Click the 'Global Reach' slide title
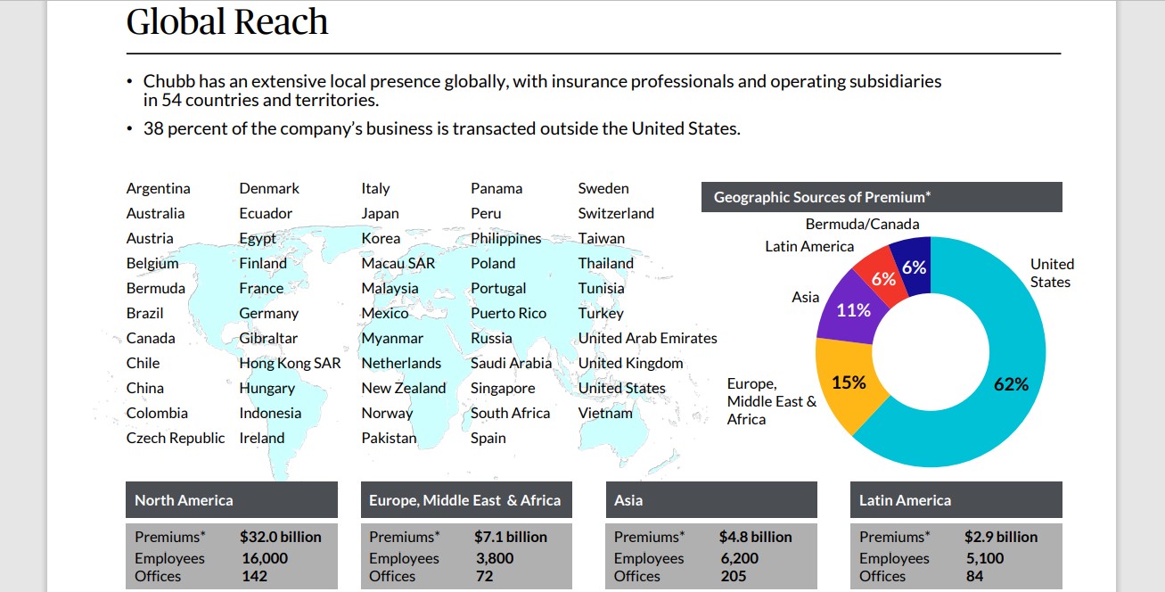[227, 21]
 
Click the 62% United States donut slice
[1012, 384]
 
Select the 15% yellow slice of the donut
[849, 382]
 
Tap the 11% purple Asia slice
[853, 310]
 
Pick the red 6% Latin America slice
[882, 278]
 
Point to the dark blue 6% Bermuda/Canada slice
[914, 267]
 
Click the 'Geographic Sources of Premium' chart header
[822, 197]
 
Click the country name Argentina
[158, 188]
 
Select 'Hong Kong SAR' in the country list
[290, 363]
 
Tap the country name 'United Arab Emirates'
[647, 338]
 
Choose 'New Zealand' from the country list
[403, 388]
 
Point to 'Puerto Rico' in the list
[508, 313]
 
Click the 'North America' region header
[184, 500]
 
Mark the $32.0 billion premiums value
[280, 537]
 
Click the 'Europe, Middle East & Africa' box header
[464, 500]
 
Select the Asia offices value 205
[734, 576]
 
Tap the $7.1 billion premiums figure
[510, 537]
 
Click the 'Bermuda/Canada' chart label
[862, 224]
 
